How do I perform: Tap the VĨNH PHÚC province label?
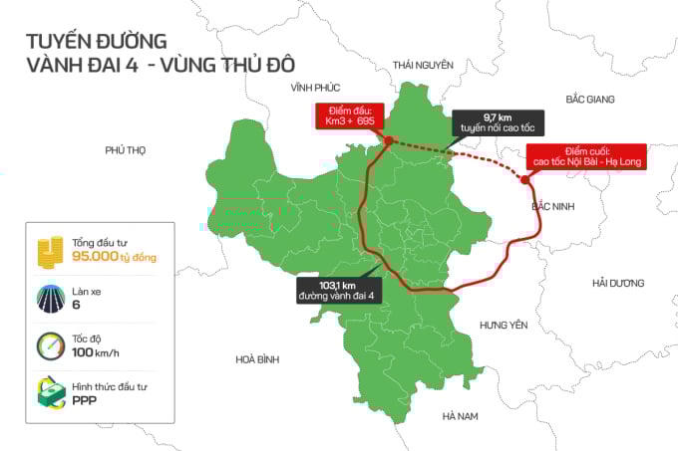click(x=309, y=88)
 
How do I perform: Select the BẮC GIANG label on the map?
click(x=589, y=100)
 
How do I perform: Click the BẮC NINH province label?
click(x=555, y=206)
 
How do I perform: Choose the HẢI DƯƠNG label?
click(x=618, y=283)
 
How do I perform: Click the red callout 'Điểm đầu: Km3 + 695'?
click(x=347, y=114)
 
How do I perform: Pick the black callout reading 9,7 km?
click(x=490, y=122)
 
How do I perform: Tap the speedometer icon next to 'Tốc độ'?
click(x=49, y=346)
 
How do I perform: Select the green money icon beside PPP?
click(x=49, y=392)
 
